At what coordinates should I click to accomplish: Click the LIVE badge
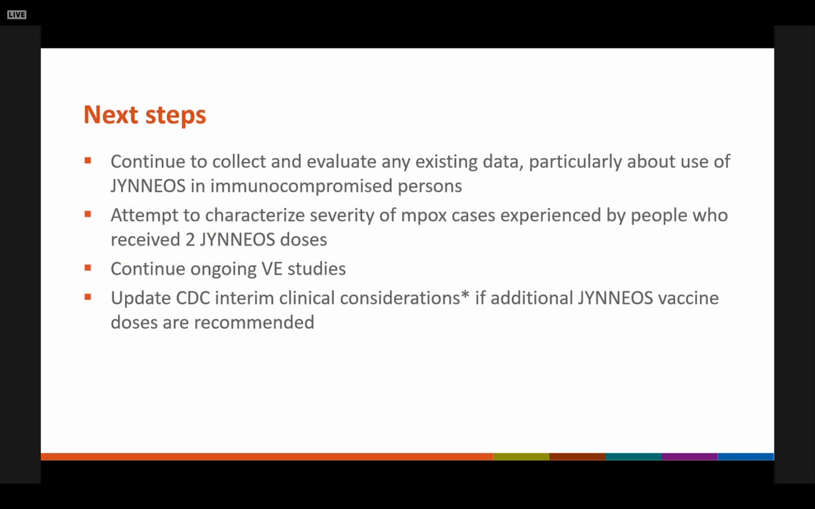pos(17,15)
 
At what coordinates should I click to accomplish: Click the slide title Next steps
pos(145,115)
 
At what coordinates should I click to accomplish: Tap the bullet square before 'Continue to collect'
pos(88,161)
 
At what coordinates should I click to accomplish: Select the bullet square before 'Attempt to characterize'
pos(88,214)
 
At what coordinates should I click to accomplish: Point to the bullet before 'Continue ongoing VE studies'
pos(88,268)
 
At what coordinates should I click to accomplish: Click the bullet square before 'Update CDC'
pos(88,297)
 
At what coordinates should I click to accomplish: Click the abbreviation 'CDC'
pos(193,298)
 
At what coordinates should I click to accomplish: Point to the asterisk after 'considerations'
pos(465,295)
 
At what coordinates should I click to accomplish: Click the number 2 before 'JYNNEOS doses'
pos(190,240)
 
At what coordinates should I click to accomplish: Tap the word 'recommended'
pos(254,323)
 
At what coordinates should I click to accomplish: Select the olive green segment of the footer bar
pos(521,456)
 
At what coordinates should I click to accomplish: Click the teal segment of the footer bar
pos(634,456)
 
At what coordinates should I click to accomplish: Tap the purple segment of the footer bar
pos(690,456)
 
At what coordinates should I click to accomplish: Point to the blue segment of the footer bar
pos(746,456)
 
